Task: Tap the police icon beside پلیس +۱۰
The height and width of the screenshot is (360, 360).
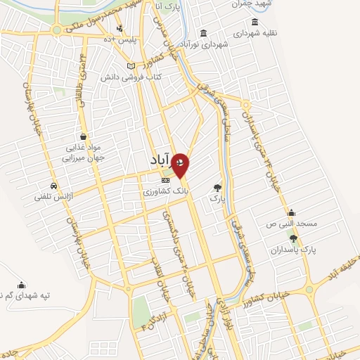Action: (x=120, y=28)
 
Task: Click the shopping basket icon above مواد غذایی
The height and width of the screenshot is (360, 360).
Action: (x=84, y=136)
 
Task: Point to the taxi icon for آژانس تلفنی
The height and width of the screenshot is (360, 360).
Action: (x=39, y=186)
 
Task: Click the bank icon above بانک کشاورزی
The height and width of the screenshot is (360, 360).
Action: (x=165, y=181)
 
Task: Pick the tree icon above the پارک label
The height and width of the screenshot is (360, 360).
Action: (x=217, y=188)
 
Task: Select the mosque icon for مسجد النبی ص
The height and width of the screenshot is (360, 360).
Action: (x=290, y=213)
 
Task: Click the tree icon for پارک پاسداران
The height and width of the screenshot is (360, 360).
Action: (x=293, y=239)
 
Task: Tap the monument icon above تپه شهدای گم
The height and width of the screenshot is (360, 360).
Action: (x=22, y=285)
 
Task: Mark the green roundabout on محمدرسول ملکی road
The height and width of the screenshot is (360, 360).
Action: (x=56, y=30)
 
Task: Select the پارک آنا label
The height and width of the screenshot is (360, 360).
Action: (x=168, y=7)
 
